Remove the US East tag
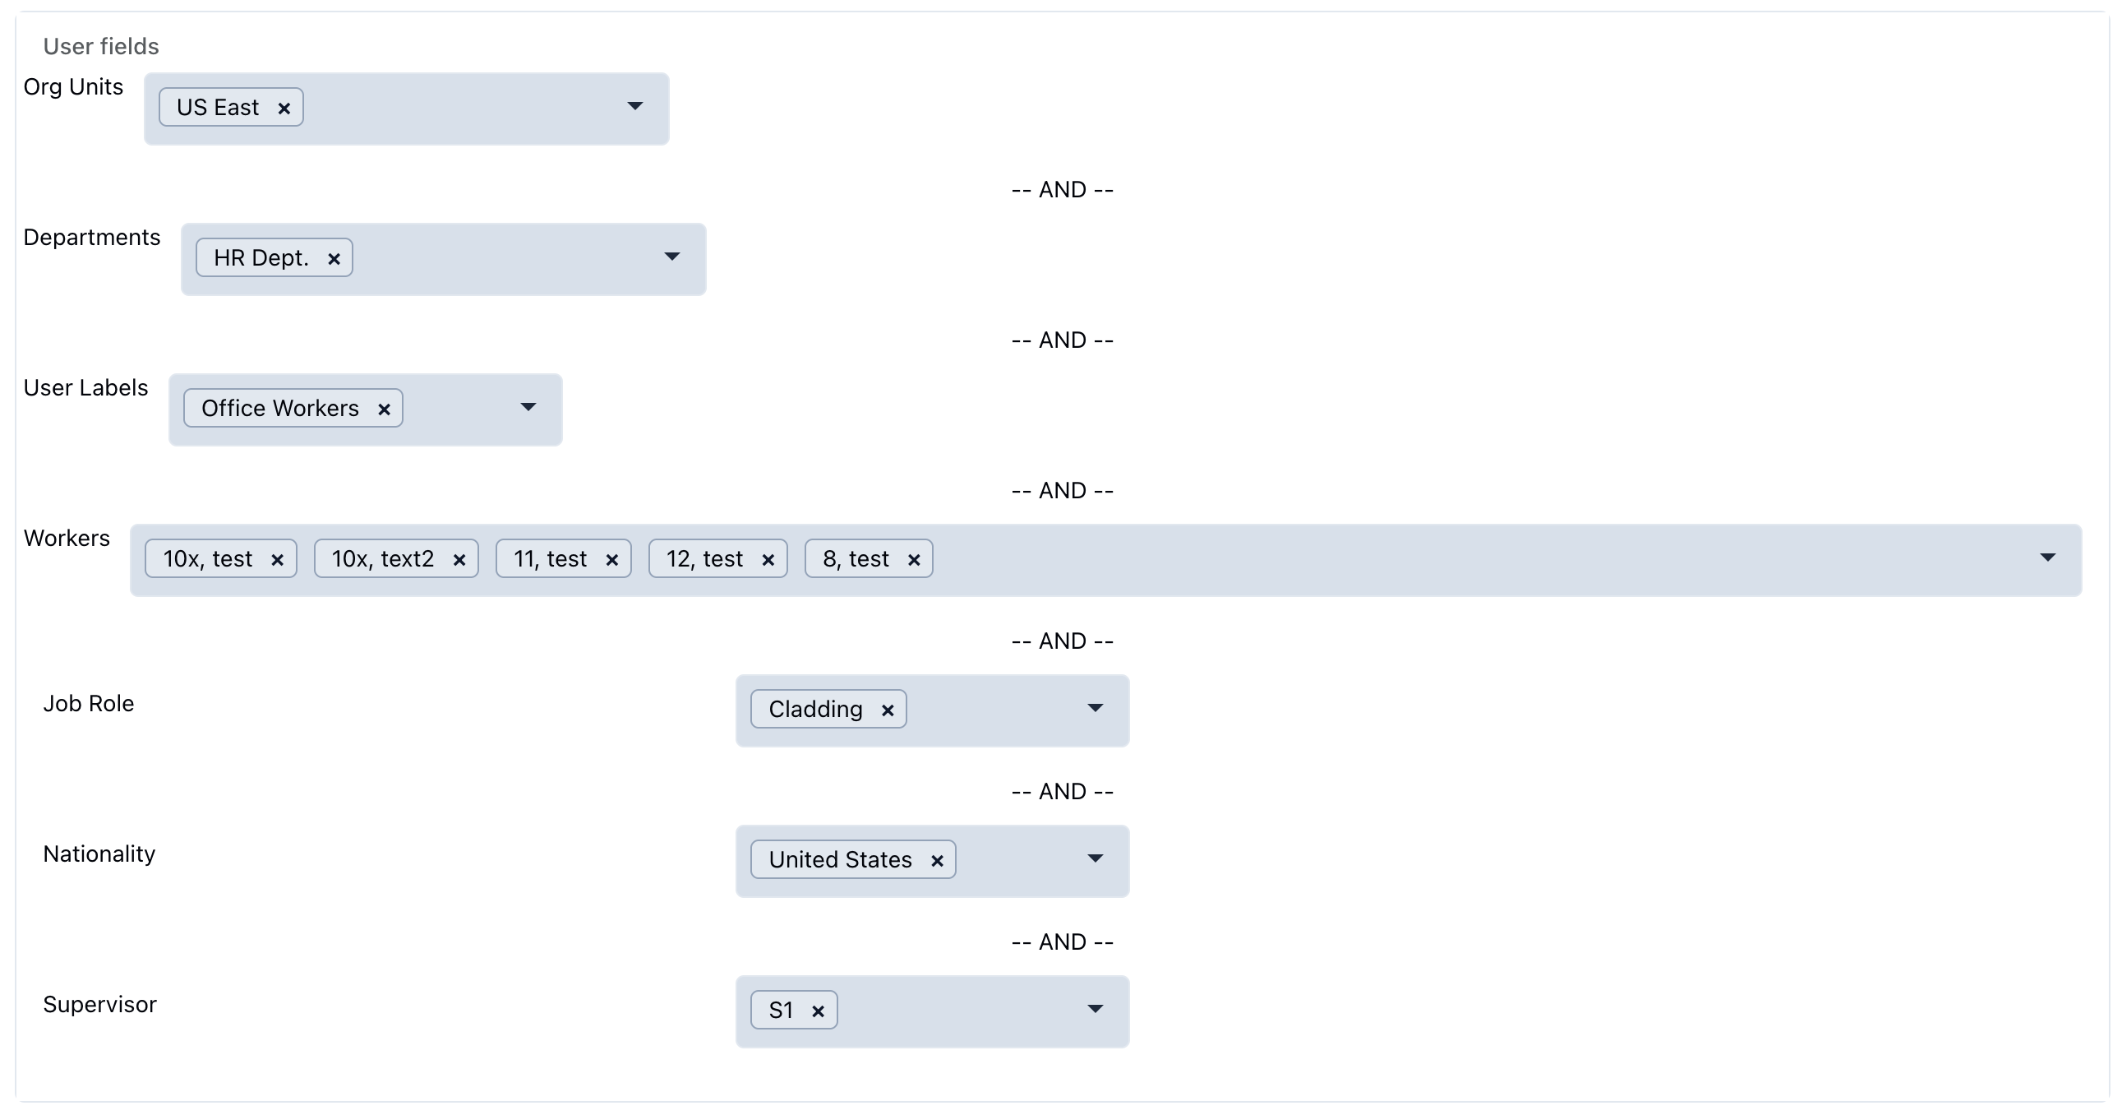click(284, 109)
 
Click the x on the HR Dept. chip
click(334, 260)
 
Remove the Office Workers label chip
click(384, 409)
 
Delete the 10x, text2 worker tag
click(459, 561)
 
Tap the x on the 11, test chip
click(612, 561)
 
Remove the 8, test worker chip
click(914, 561)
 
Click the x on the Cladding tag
click(888, 710)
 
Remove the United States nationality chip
click(937, 861)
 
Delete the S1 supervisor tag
click(818, 1011)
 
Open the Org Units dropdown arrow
click(634, 106)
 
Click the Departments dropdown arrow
click(671, 257)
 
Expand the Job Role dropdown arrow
click(1095, 708)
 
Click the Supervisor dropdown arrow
click(1095, 1009)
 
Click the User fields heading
click(101, 46)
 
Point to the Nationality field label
click(99, 854)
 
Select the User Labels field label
click(85, 388)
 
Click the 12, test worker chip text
click(704, 560)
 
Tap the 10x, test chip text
click(208, 560)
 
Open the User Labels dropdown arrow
click(528, 407)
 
